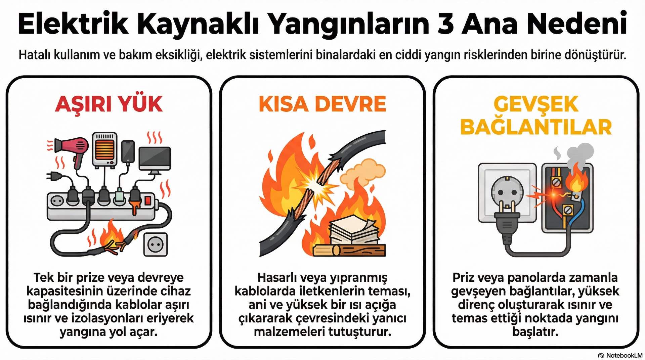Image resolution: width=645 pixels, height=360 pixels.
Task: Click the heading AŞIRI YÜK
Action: coord(109,104)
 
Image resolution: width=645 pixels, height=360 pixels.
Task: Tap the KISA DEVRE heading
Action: coord(322,104)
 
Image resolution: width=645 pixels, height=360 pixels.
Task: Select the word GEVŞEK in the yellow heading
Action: coord(536,104)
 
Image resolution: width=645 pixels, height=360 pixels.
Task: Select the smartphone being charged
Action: coord(128,151)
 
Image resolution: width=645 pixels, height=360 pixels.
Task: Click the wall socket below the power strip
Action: coord(156,244)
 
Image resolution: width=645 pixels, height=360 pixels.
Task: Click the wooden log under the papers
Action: coord(349,251)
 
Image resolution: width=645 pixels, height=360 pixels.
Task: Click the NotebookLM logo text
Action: coord(624,355)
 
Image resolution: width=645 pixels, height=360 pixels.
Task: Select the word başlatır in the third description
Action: coord(535,332)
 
